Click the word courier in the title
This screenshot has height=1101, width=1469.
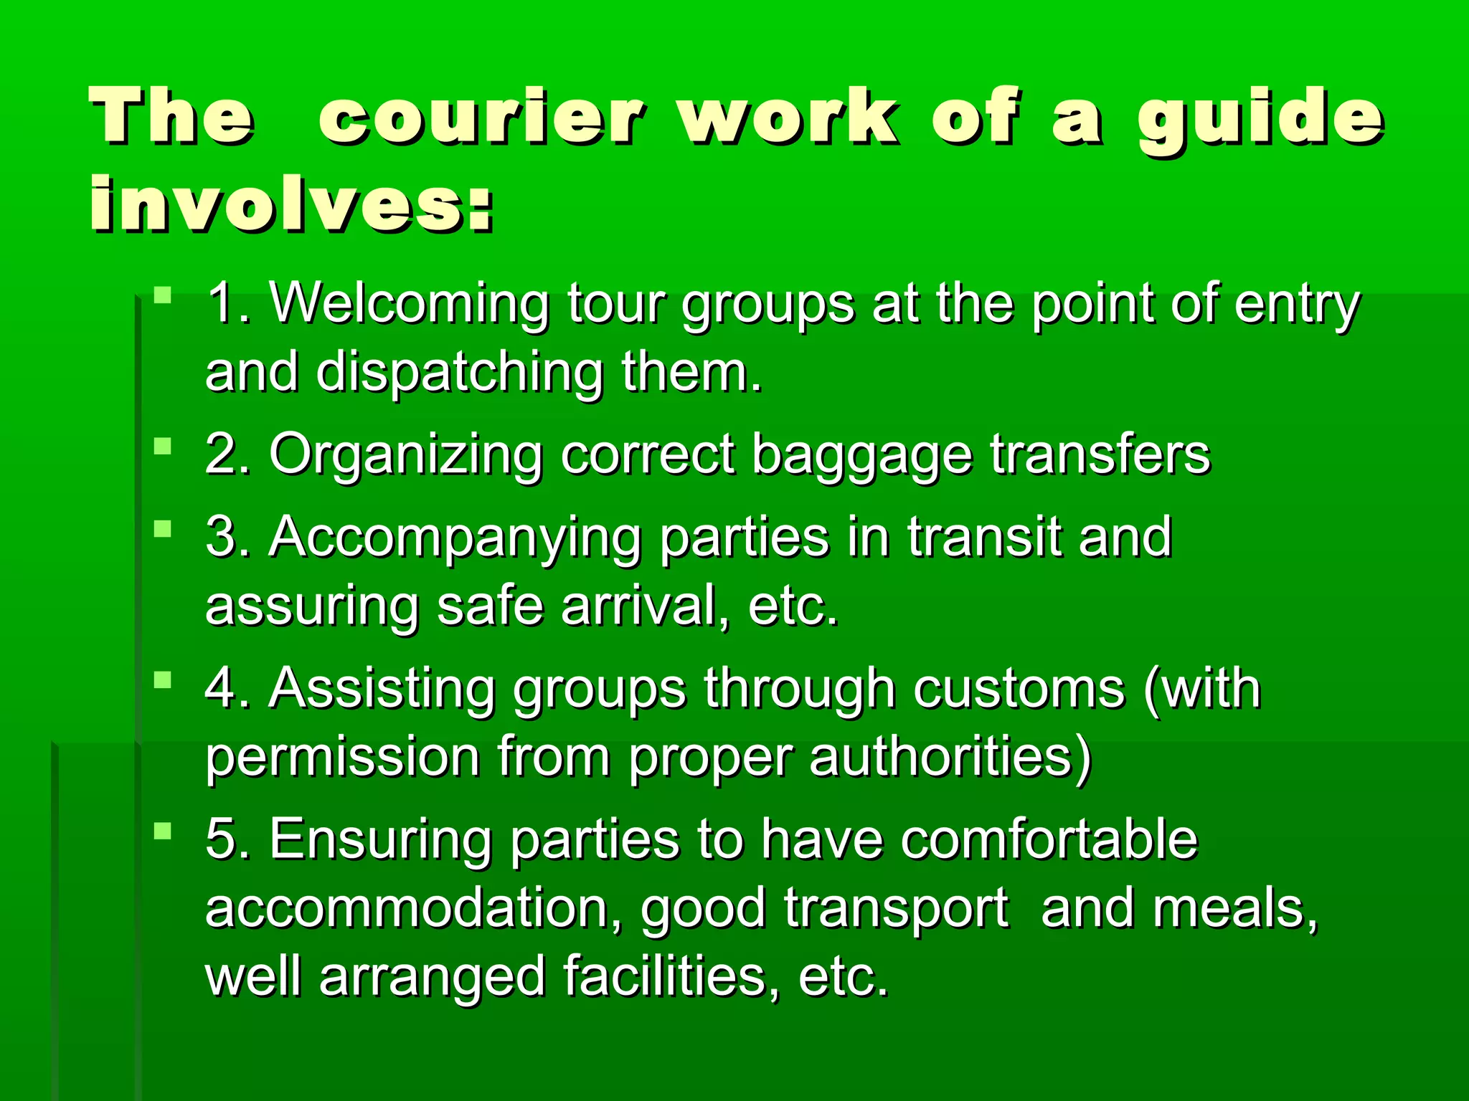point(482,118)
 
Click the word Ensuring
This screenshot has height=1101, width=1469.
point(380,839)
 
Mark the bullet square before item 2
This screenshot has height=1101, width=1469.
point(164,447)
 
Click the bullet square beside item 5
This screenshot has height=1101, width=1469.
point(164,831)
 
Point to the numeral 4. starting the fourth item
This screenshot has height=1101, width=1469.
point(228,689)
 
